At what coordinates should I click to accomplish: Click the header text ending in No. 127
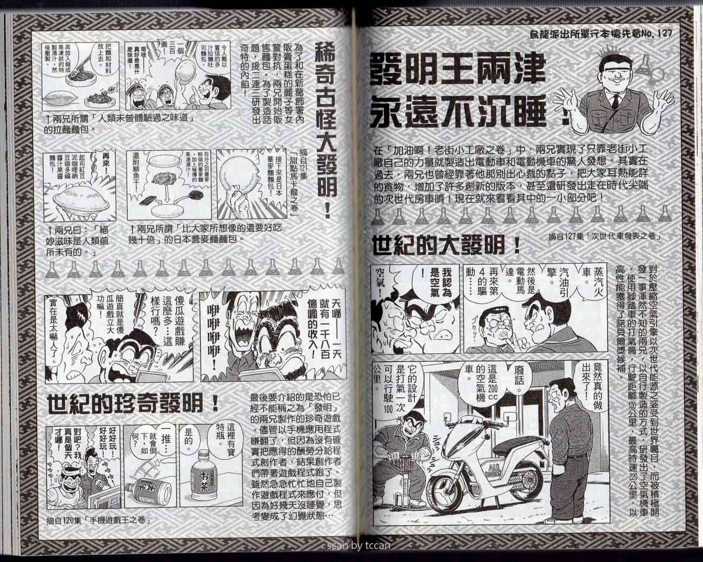(x=600, y=36)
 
